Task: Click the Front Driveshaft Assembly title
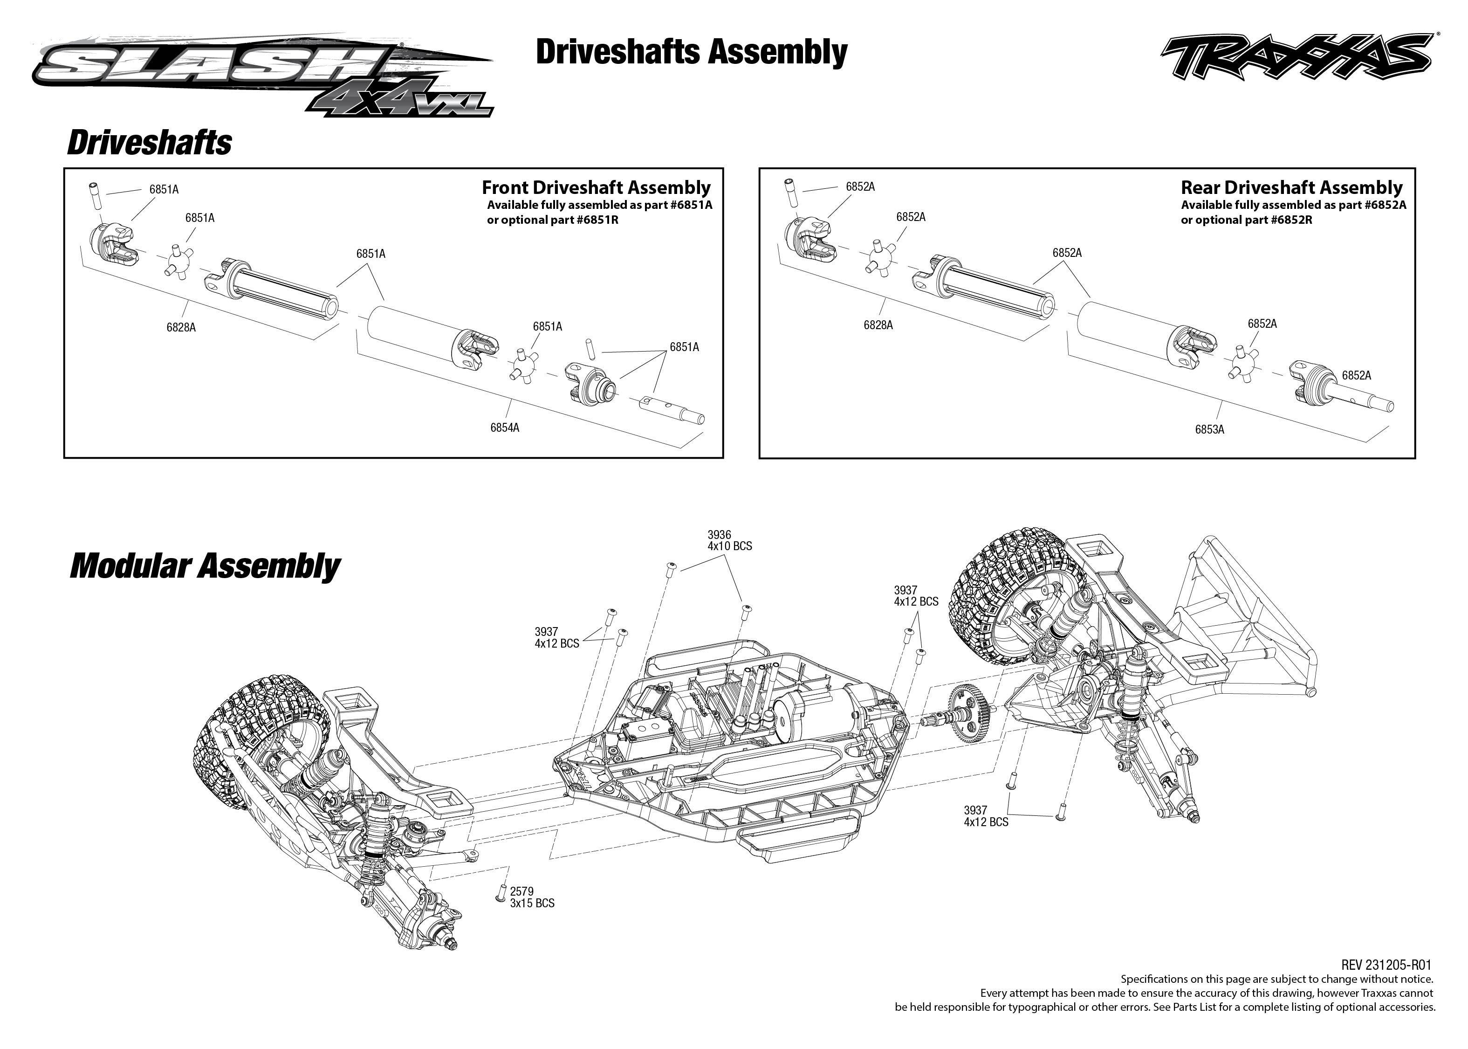[596, 188]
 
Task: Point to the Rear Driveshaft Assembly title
[1291, 188]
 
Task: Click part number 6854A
[505, 428]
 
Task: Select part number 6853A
[1209, 429]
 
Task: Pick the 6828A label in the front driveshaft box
[181, 327]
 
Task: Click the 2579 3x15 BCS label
[532, 897]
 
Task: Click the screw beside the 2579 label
[501, 893]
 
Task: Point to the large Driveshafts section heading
[149, 142]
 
